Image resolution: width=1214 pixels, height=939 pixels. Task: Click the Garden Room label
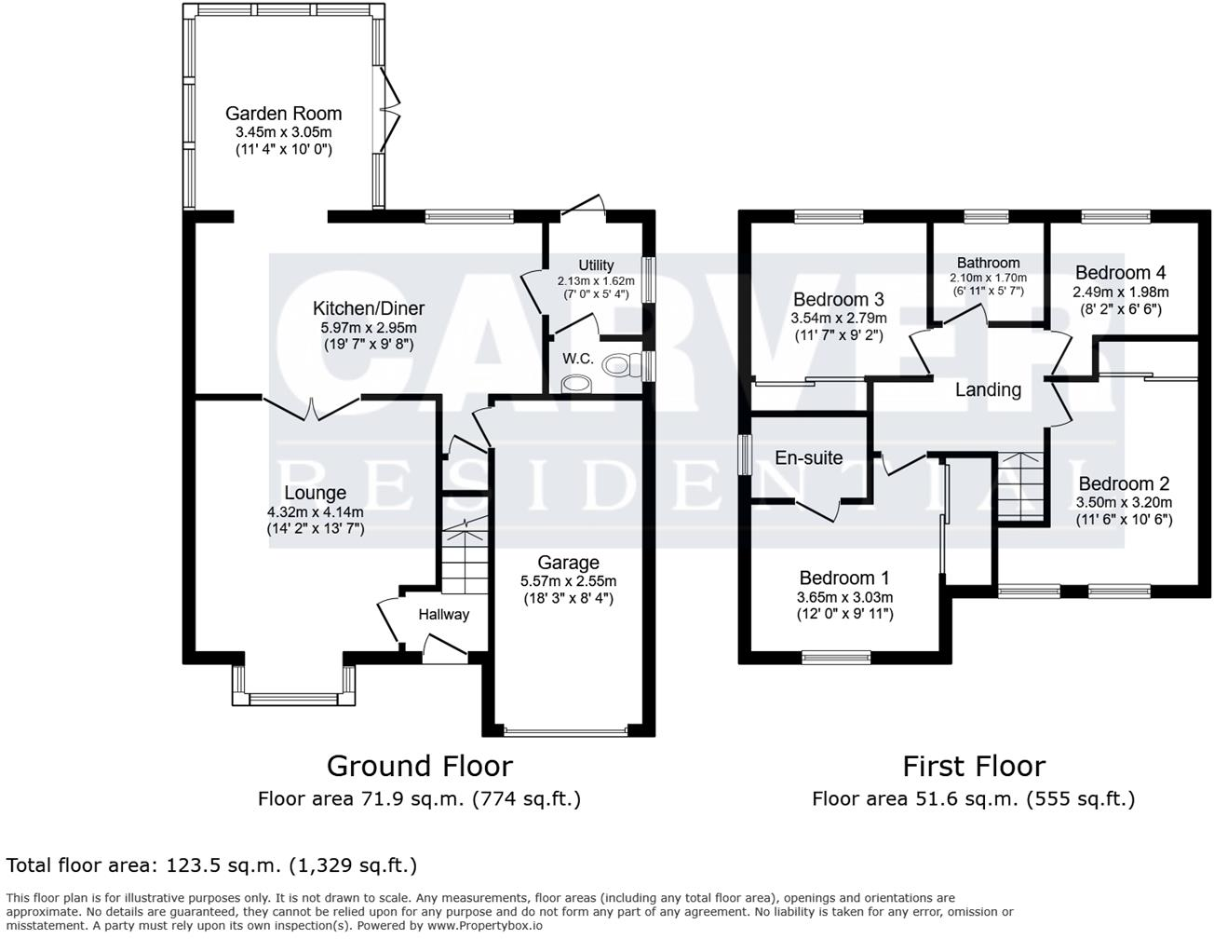click(283, 114)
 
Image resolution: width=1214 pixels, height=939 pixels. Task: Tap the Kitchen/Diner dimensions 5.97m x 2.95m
click(368, 327)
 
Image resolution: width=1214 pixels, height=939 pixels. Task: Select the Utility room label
click(596, 265)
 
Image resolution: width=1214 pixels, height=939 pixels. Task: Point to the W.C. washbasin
click(578, 383)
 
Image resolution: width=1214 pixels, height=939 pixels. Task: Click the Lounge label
click(315, 493)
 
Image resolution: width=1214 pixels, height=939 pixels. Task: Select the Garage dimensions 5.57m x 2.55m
click(568, 581)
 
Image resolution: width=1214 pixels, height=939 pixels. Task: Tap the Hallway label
click(443, 614)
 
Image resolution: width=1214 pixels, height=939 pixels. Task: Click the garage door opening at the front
click(568, 730)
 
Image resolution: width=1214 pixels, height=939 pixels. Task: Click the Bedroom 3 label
click(838, 299)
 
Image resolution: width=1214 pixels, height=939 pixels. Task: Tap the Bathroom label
click(988, 263)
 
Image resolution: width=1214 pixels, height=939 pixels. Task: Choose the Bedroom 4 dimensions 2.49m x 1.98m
click(1120, 292)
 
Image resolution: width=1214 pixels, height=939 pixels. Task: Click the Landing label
click(988, 389)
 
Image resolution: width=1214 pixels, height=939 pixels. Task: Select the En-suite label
click(808, 457)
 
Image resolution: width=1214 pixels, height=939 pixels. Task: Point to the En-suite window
click(745, 456)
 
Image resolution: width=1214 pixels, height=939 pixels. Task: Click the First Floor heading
click(974, 766)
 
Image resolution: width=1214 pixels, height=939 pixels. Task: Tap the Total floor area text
click(211, 865)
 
